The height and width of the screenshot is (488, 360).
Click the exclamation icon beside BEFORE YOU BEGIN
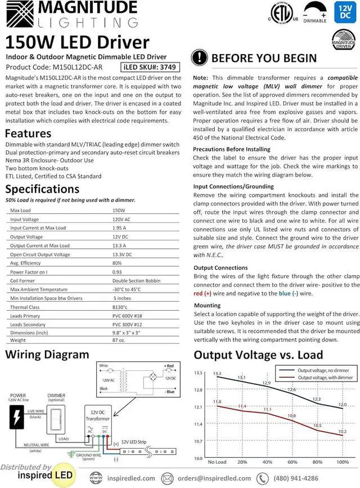(x=200, y=58)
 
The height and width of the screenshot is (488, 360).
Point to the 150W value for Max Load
(x=119, y=210)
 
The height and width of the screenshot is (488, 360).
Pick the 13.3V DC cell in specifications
(x=122, y=255)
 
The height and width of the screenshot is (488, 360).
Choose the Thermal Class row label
(x=25, y=307)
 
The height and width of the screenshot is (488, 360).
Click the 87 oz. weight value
(x=119, y=341)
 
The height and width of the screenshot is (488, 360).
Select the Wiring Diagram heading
(x=47, y=355)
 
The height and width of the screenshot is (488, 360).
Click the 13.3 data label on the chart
(x=217, y=374)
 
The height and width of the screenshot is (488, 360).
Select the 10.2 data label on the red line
(x=342, y=432)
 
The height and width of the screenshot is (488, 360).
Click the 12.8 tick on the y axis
(x=198, y=389)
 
